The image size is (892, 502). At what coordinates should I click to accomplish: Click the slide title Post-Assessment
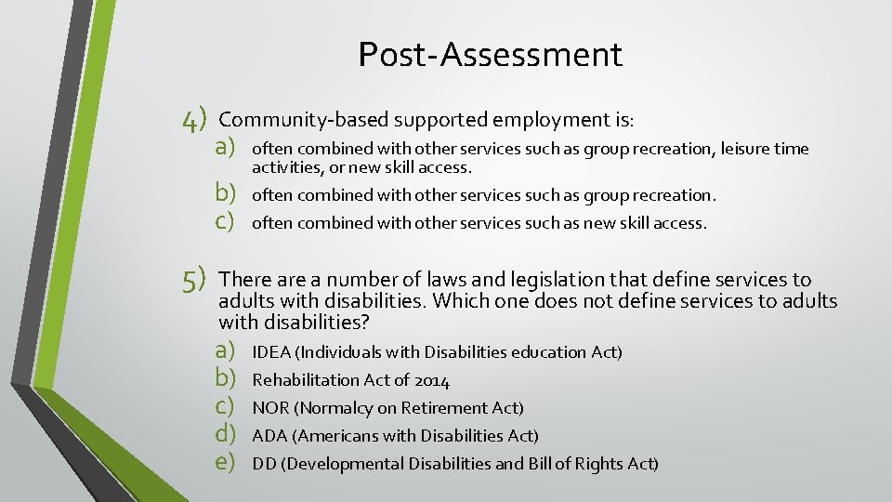click(x=490, y=55)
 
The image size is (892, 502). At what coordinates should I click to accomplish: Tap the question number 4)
click(x=195, y=120)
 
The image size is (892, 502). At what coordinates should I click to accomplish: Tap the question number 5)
click(x=195, y=280)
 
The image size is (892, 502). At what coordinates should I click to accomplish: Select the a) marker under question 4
click(x=229, y=148)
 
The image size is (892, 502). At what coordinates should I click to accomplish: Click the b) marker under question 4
click(x=229, y=194)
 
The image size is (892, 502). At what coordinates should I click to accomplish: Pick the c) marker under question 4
click(x=229, y=222)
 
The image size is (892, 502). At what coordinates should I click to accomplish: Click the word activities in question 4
click(x=285, y=167)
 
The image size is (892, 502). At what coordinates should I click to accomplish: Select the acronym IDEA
click(x=270, y=352)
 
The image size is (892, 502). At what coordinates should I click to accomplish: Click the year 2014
click(x=432, y=380)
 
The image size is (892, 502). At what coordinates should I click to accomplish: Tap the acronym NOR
click(x=270, y=408)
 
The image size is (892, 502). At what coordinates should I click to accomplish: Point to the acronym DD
click(x=264, y=464)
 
